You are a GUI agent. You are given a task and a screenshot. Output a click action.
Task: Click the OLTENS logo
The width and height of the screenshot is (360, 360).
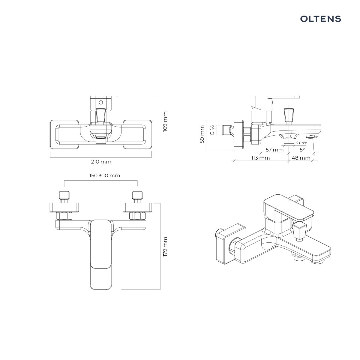point(321,19)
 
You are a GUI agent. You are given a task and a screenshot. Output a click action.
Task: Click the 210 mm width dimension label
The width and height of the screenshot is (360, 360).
point(101,162)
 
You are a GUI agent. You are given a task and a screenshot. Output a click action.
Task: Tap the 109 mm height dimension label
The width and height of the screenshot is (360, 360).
point(165,121)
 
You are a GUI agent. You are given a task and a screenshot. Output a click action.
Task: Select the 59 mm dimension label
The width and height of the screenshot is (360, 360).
point(202,134)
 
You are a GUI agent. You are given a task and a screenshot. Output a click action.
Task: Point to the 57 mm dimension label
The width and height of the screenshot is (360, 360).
point(274,150)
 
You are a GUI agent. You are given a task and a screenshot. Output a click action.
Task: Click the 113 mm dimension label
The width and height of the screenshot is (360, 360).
point(260,158)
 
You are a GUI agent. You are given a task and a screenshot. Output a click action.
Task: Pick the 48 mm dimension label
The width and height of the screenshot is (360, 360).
point(301,158)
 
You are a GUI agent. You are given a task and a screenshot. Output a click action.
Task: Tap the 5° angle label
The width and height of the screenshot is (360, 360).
point(302,150)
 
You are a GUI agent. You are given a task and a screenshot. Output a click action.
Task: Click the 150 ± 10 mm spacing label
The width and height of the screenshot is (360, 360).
point(105,175)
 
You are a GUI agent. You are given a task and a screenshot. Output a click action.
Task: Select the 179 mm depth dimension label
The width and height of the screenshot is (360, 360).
point(165,247)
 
